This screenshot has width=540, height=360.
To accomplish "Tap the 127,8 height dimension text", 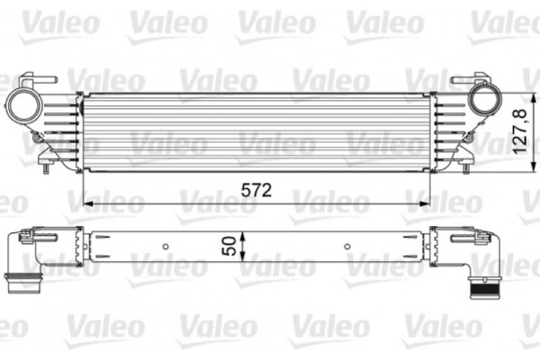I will (x=518, y=132).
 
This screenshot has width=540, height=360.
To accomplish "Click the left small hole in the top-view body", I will (x=166, y=246).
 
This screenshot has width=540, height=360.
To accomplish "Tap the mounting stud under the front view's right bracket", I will (x=467, y=164).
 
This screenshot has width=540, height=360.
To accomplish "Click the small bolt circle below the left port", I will (x=35, y=138).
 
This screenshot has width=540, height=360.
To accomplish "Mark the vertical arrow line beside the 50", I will (x=244, y=245).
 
